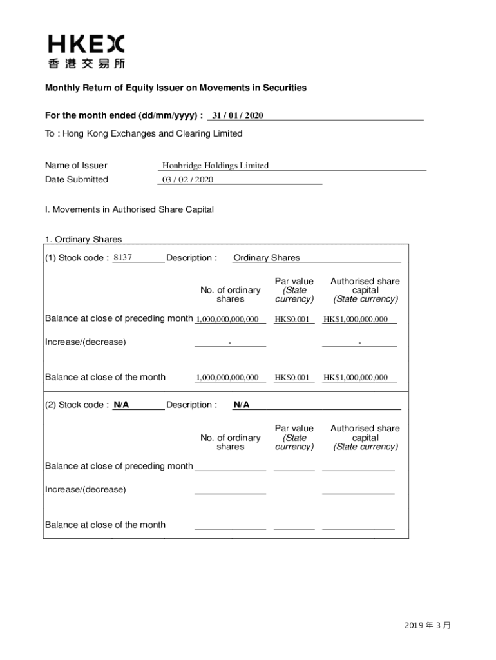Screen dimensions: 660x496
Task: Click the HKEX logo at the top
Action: [x=86, y=44]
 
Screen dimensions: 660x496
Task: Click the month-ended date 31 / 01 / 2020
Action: [x=238, y=115]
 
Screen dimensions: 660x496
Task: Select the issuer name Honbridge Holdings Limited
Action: [x=215, y=166]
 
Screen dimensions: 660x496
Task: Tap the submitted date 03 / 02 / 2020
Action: [x=187, y=180]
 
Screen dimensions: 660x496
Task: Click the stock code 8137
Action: [x=122, y=258]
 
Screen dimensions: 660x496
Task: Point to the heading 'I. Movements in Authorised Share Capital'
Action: [x=129, y=209]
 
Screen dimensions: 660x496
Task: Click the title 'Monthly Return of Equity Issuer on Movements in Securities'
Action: [x=175, y=88]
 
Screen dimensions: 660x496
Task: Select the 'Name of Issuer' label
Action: [x=76, y=166]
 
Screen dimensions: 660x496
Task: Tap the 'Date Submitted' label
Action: [x=76, y=180]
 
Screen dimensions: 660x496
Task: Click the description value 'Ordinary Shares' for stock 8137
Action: [x=266, y=258]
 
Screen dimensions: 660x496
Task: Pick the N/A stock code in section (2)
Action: [x=121, y=405]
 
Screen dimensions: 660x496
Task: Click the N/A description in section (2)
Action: [x=242, y=405]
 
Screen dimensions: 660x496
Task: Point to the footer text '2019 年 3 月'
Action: [x=428, y=625]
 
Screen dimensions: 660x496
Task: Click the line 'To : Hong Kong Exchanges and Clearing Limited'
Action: [x=143, y=134]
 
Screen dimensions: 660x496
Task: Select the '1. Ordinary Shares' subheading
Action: [x=83, y=240]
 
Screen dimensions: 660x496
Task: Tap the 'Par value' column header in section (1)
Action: [x=294, y=282]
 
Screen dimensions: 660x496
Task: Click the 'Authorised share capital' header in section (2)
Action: [x=365, y=437]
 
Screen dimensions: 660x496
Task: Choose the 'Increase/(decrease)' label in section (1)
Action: [x=85, y=342]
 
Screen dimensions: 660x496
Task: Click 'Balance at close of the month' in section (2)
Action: [x=105, y=525]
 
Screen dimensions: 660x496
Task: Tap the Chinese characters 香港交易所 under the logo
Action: [x=86, y=64]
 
